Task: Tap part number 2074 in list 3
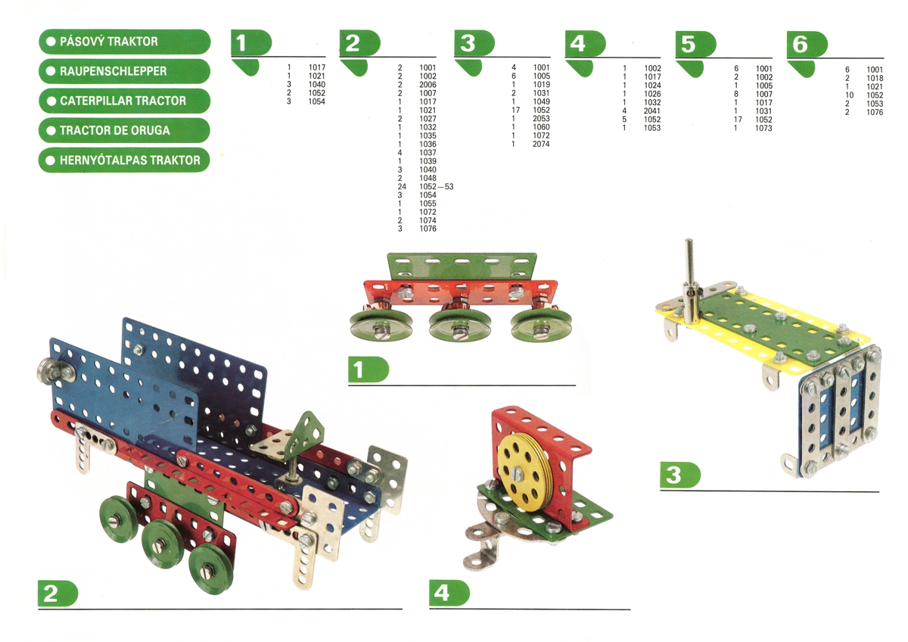[x=540, y=144]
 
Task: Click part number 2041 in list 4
[x=652, y=111]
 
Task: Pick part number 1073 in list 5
[x=763, y=128]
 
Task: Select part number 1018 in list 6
[x=875, y=77]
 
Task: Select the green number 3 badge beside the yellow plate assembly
[x=679, y=474]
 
